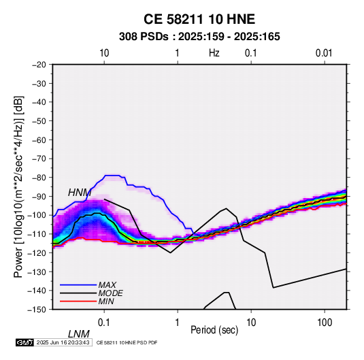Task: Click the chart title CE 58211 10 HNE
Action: point(199,19)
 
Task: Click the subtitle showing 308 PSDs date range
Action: point(199,37)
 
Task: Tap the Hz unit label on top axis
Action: point(214,53)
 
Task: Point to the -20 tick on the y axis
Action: point(39,65)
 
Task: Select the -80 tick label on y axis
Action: point(39,178)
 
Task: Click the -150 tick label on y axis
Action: point(37,310)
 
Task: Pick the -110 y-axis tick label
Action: point(37,234)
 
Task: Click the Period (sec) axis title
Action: point(214,330)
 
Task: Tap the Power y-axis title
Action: point(18,187)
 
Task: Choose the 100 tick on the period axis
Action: point(325,323)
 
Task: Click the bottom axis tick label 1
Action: point(178,323)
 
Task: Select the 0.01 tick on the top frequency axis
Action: point(324,53)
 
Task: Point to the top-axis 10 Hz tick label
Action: point(104,53)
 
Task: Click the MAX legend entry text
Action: point(107,285)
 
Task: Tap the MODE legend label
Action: point(110,293)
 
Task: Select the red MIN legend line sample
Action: point(78,301)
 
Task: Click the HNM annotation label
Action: point(80,193)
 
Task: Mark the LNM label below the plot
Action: point(79,334)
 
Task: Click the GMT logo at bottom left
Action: point(24,342)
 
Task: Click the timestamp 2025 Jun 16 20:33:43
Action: point(63,342)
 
